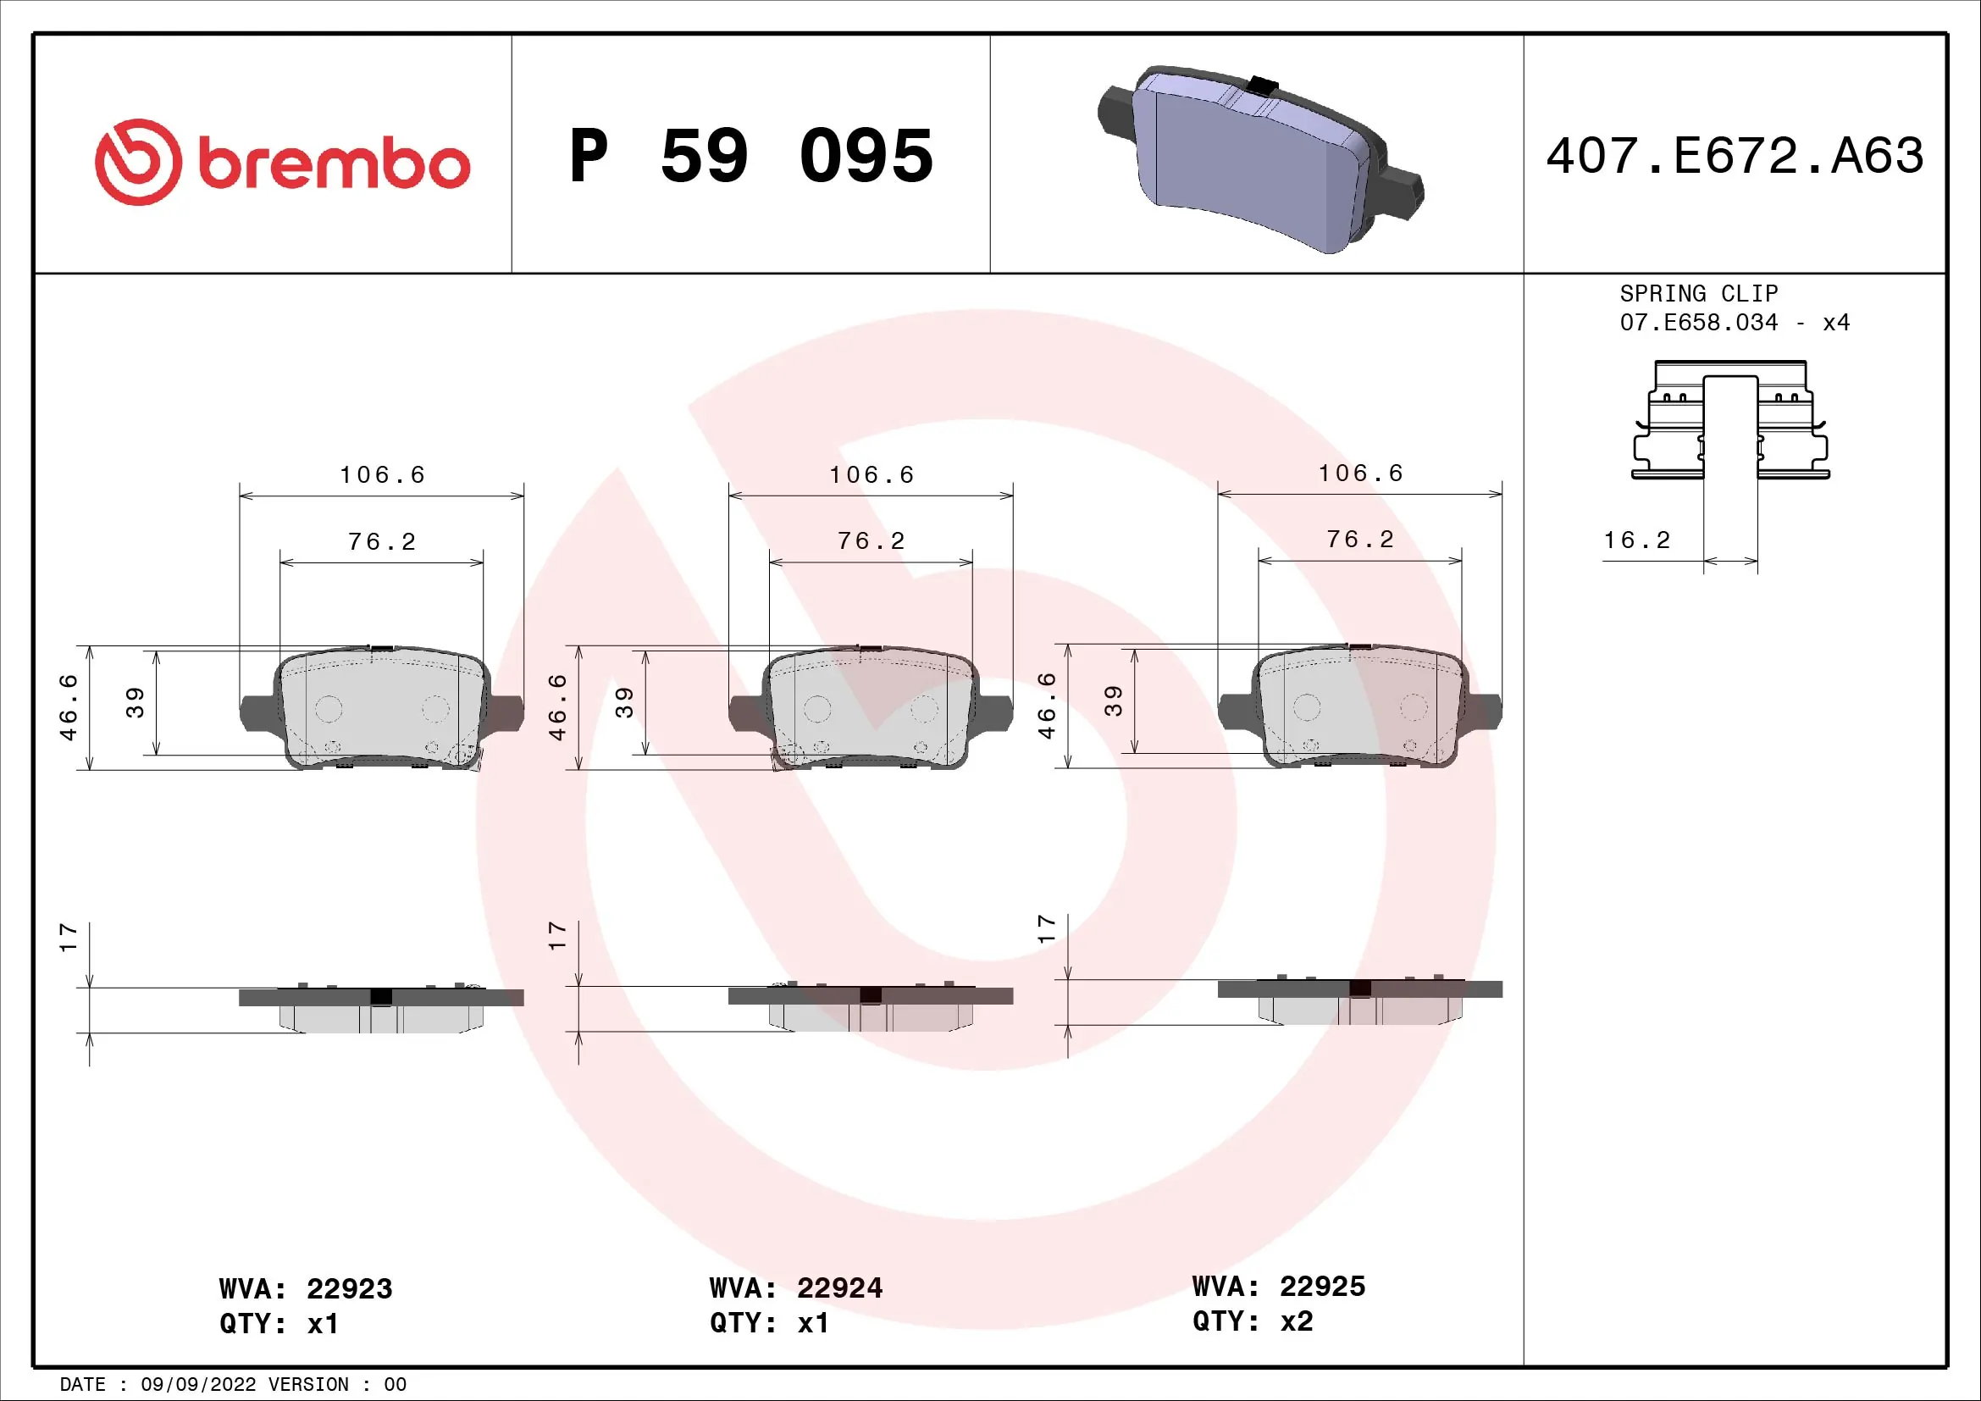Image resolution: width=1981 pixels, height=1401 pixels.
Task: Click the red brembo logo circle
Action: pyautogui.click(x=138, y=162)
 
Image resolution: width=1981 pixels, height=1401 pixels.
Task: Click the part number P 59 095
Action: pyautogui.click(x=750, y=156)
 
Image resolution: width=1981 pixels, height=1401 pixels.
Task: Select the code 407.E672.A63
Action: pyautogui.click(x=1735, y=156)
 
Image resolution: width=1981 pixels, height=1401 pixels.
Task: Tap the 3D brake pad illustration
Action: pyautogui.click(x=1259, y=159)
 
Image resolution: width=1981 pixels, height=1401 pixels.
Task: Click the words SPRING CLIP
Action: pyautogui.click(x=1698, y=293)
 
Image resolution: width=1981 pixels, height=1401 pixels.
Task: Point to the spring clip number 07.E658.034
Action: pyautogui.click(x=1698, y=323)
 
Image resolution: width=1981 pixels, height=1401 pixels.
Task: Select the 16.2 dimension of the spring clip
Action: pyautogui.click(x=1637, y=541)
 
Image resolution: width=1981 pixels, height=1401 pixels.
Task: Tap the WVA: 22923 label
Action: pyautogui.click(x=306, y=1289)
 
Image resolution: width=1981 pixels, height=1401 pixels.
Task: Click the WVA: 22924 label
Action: pyautogui.click(x=795, y=1288)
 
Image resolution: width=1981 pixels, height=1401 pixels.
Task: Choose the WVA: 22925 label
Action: pyautogui.click(x=1279, y=1287)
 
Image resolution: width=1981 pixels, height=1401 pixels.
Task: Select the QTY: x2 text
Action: pyautogui.click(x=1252, y=1321)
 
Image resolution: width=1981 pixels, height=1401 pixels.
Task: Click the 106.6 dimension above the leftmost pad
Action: pyautogui.click(x=382, y=475)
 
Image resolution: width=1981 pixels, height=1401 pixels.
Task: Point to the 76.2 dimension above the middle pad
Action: pyautogui.click(x=872, y=542)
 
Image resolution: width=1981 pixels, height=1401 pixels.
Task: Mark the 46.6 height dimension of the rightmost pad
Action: pyautogui.click(x=1046, y=706)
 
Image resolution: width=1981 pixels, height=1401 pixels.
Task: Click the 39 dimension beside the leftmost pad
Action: pyautogui.click(x=136, y=702)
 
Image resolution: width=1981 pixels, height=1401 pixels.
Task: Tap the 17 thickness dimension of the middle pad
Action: pyautogui.click(x=557, y=936)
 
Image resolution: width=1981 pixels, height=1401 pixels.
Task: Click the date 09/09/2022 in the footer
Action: pyautogui.click(x=198, y=1384)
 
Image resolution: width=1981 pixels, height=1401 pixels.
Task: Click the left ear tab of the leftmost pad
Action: pyautogui.click(x=257, y=712)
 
